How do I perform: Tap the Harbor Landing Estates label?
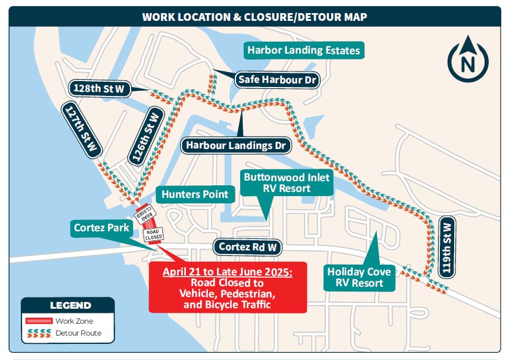point(304,50)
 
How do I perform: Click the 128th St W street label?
point(99,88)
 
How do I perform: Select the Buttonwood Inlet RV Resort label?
point(286,182)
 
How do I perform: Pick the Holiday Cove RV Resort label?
point(359,277)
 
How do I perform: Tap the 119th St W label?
point(448,246)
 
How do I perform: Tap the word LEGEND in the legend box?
point(70,305)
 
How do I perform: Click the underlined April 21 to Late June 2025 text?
point(228,272)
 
